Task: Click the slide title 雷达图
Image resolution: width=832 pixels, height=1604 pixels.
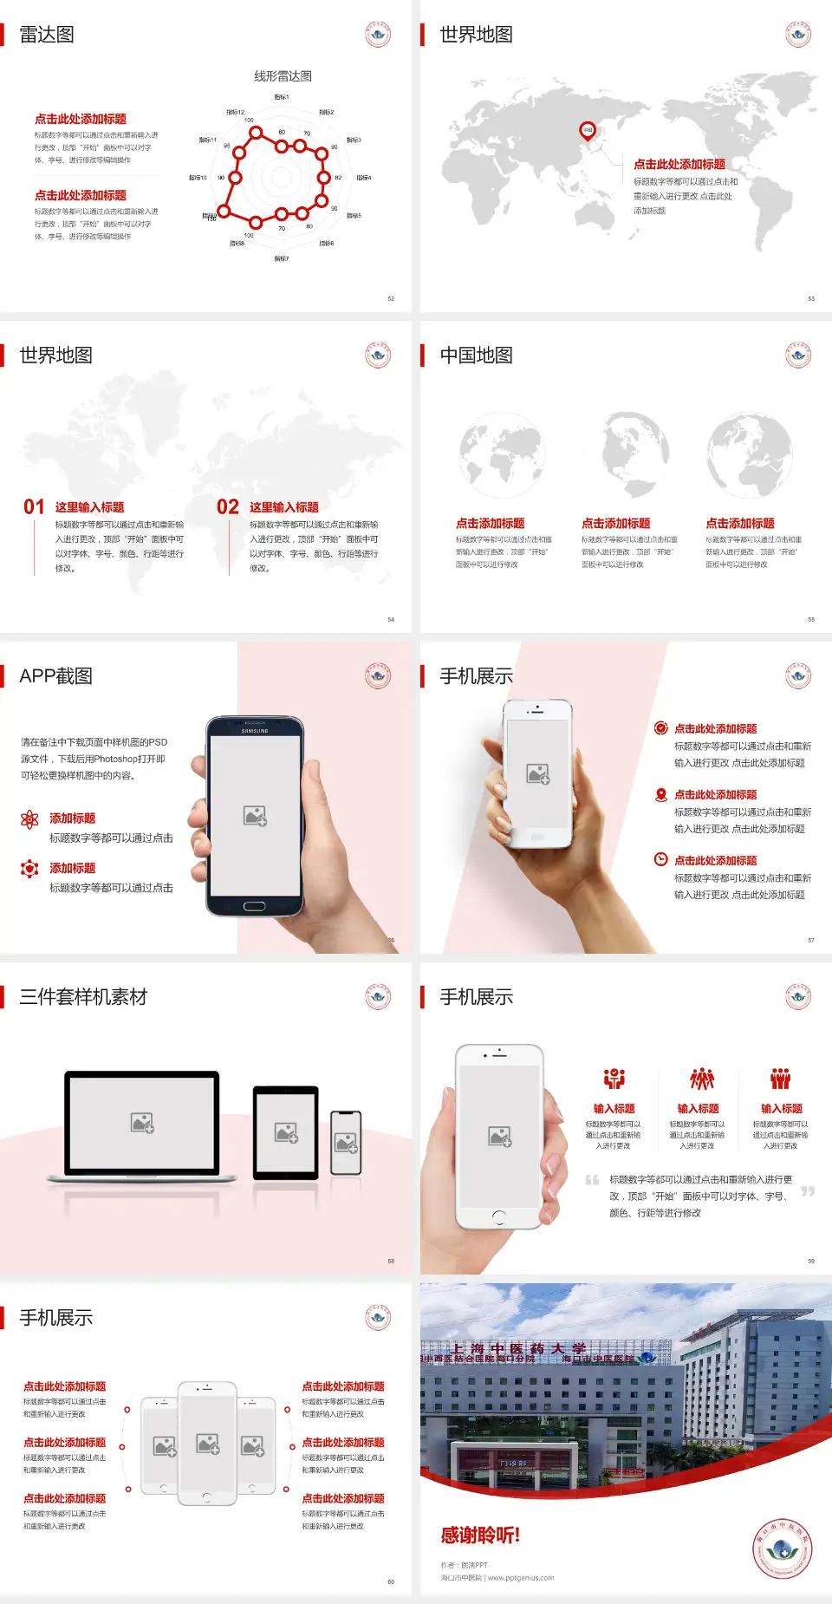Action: [x=47, y=35]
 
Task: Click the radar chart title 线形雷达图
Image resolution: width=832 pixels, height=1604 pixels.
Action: [x=283, y=76]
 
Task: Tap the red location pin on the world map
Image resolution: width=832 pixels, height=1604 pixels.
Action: [x=588, y=131]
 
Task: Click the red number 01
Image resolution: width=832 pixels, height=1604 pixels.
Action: [x=34, y=507]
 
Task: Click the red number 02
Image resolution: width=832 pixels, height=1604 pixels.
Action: [x=228, y=507]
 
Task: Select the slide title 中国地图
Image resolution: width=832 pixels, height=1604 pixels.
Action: [x=476, y=355]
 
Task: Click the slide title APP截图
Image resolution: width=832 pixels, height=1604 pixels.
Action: [x=55, y=676]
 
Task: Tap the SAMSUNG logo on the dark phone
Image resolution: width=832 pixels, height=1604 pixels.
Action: [x=255, y=731]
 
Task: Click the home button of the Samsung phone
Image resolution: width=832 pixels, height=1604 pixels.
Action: [x=254, y=907]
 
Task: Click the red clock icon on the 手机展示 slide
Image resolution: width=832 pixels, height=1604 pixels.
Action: [x=660, y=859]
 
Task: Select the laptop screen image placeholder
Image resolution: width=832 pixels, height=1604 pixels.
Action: [x=142, y=1123]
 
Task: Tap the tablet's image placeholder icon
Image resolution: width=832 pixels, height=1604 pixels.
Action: [x=286, y=1132]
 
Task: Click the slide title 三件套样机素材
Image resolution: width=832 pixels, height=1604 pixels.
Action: [x=83, y=997]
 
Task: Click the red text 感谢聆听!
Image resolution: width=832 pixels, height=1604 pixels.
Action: [x=480, y=1536]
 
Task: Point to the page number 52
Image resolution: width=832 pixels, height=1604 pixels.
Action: [x=391, y=299]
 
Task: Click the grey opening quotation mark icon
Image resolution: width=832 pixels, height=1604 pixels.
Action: [x=592, y=1180]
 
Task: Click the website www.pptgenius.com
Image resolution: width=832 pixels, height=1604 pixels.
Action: [x=521, y=1578]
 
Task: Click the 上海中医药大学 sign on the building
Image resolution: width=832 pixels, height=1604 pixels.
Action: [x=518, y=1349]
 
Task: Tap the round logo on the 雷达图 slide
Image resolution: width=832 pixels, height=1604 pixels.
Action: [x=378, y=35]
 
